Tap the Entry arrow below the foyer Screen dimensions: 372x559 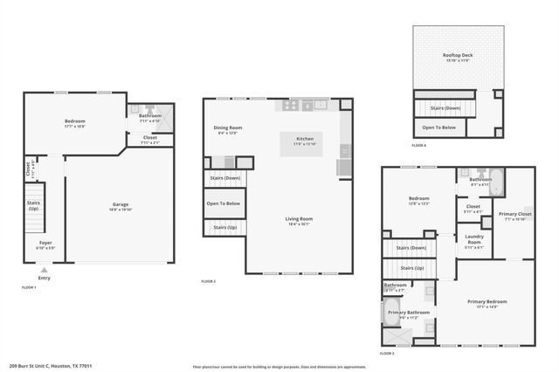pos(44,271)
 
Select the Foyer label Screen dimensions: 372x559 pos(45,243)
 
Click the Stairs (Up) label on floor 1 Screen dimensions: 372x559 pos(33,207)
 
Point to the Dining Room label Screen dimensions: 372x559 pos(227,128)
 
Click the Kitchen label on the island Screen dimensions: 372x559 pos(305,140)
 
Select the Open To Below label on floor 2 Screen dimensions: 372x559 pos(224,203)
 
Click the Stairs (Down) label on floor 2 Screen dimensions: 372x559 pos(224,178)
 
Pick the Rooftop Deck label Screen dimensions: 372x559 pos(457,56)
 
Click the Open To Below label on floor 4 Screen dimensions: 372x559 pos(439,127)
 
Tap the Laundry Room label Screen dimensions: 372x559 pos(473,239)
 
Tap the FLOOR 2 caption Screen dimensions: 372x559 pos(208,281)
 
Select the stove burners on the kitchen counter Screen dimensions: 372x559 pos(290,105)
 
